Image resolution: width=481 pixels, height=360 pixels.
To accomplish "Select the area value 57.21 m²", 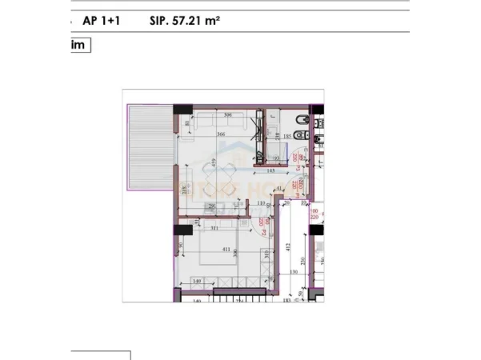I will [x=185, y=22].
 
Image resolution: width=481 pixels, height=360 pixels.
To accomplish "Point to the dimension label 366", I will [x=220, y=134].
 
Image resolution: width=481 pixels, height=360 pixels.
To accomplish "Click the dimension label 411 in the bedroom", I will [x=226, y=250].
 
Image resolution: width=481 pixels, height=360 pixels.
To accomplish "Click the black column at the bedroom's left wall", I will [x=177, y=230].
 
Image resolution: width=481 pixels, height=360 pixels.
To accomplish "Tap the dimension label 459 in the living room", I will [x=214, y=165].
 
